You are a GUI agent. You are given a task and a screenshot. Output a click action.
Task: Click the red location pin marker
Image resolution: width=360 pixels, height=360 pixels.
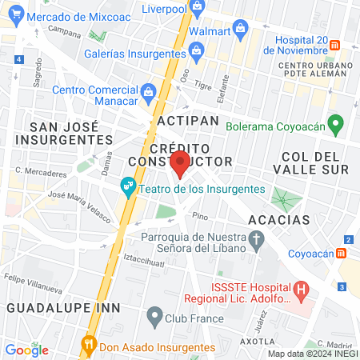[x=180, y=164]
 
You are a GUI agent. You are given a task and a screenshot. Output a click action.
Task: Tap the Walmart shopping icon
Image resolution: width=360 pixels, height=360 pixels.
[x=239, y=31]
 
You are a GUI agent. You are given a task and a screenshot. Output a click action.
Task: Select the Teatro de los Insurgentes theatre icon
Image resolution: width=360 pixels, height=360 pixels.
[x=127, y=189]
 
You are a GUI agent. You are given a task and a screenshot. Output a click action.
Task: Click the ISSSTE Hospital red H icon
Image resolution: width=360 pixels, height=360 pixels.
[x=301, y=289]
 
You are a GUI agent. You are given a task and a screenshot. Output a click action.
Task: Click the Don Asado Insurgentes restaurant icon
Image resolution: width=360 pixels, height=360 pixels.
[x=89, y=346]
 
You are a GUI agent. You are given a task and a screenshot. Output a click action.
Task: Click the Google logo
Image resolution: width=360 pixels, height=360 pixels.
[x=26, y=350]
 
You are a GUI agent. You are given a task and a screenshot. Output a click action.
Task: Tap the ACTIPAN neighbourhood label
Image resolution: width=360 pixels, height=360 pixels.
[x=188, y=120]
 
